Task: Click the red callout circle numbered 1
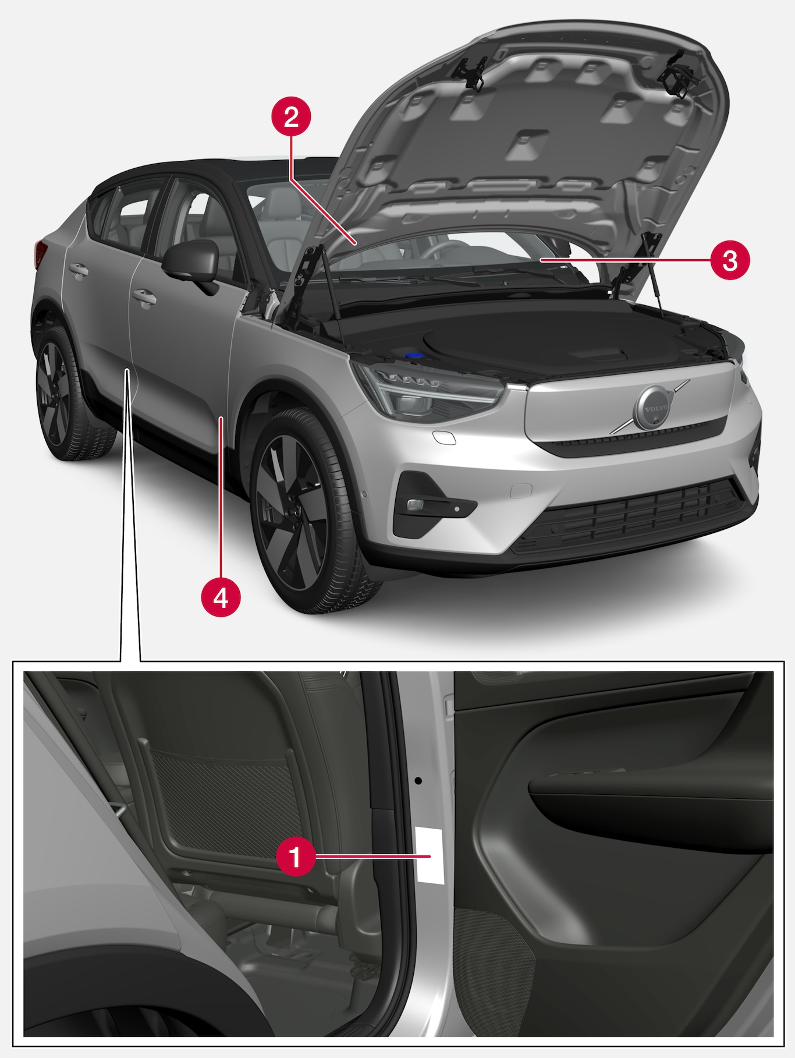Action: pos(295,856)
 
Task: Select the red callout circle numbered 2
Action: pos(292,117)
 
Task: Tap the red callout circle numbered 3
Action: pos(730,260)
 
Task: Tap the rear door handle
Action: pos(78,270)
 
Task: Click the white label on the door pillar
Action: pos(429,854)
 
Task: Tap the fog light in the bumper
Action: pos(415,504)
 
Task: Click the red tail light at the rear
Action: pos(40,252)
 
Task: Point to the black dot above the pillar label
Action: pos(417,780)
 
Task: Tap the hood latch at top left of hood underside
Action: pos(470,72)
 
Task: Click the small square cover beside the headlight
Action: pos(444,438)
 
